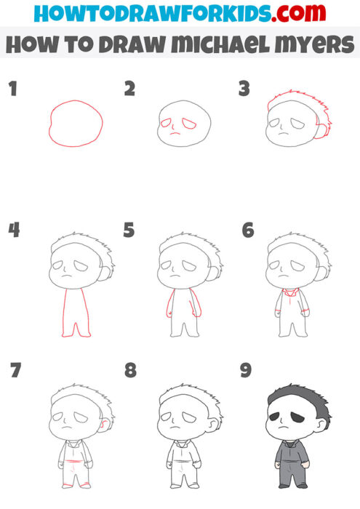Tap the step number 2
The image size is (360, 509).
[x=129, y=89]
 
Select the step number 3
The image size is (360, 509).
[x=244, y=89]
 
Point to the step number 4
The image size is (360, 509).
[x=12, y=231]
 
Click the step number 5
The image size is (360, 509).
[x=129, y=231]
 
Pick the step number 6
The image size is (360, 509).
[x=247, y=231]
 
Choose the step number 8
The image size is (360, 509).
[x=129, y=371]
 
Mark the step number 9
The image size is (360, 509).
[x=246, y=371]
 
